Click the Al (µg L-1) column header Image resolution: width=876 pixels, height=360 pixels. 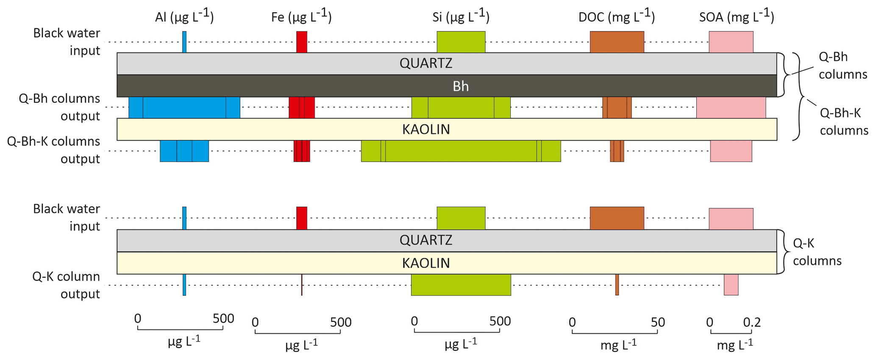(x=184, y=17)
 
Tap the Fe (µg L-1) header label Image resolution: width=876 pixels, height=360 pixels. (x=301, y=17)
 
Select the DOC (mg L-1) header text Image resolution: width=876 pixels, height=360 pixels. (x=617, y=17)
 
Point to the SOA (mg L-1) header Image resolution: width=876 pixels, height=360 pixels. (x=737, y=17)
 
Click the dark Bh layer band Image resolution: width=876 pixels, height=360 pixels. (x=460, y=86)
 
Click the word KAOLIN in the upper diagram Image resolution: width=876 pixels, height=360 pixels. (x=426, y=129)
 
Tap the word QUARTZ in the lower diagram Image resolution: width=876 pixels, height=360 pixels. (x=426, y=240)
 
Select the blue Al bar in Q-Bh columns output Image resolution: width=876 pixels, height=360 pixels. (x=184, y=107)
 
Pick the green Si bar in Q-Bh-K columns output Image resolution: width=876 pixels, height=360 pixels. (x=461, y=151)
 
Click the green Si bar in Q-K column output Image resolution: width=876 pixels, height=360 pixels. (x=461, y=285)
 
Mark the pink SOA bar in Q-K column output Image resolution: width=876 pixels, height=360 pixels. (x=731, y=285)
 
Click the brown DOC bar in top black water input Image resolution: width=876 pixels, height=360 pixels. (x=617, y=42)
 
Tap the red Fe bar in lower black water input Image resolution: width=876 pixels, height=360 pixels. (x=301, y=218)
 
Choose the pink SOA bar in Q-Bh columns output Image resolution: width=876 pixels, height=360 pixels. (x=731, y=107)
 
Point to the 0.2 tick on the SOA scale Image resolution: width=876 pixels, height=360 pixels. (x=752, y=323)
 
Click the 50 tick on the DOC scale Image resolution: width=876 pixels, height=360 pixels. (x=658, y=323)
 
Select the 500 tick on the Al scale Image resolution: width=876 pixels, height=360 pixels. (x=223, y=319)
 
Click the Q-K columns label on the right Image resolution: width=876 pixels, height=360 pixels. (x=817, y=252)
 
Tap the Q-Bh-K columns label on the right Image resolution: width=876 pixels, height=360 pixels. (x=843, y=121)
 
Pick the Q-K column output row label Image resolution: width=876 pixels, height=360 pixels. (x=66, y=285)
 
